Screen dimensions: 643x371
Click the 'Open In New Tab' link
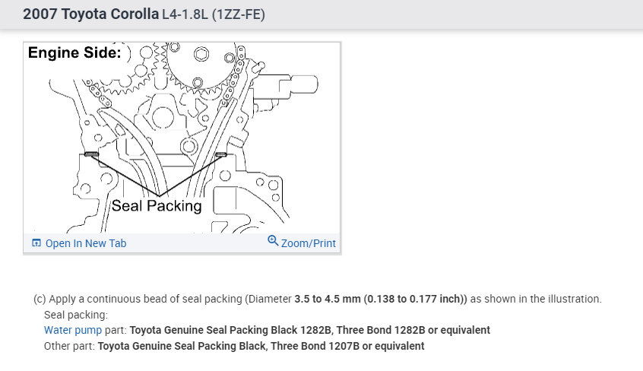(x=86, y=243)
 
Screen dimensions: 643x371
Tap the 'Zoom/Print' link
(x=309, y=243)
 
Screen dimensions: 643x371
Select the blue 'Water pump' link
(x=73, y=331)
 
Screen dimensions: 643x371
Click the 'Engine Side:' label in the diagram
(x=74, y=52)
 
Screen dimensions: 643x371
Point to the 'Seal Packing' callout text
(x=157, y=205)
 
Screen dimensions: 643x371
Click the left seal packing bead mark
(x=91, y=154)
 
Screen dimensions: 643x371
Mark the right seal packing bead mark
(x=220, y=155)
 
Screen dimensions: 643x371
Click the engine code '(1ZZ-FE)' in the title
(x=239, y=14)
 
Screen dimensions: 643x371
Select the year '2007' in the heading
(x=40, y=14)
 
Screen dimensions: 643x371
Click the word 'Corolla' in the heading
(x=135, y=14)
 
